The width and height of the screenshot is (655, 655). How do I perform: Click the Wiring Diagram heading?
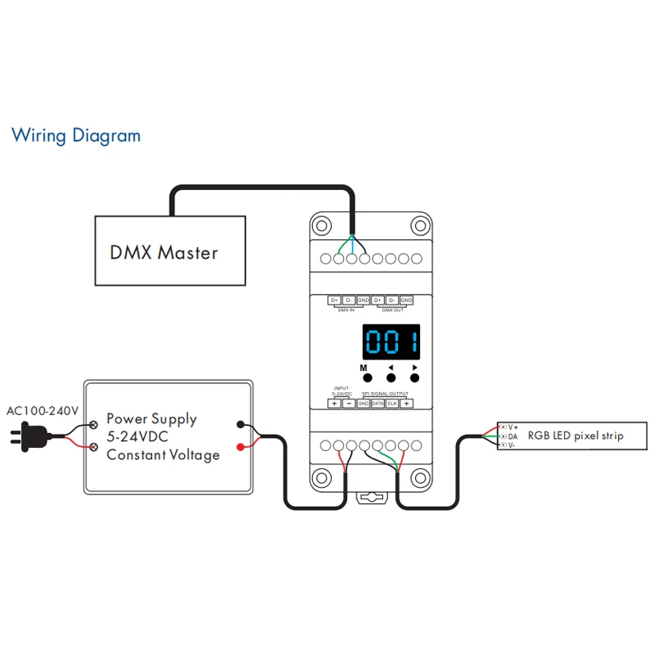click(x=75, y=135)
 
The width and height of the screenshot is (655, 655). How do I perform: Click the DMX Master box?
click(x=169, y=251)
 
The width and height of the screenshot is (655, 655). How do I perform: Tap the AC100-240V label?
click(x=42, y=410)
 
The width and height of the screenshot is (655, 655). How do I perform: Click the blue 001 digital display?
click(x=391, y=341)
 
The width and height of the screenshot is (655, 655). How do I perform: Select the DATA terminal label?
click(x=377, y=404)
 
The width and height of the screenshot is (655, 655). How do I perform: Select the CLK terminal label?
click(x=392, y=404)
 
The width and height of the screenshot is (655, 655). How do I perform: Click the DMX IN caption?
click(x=346, y=310)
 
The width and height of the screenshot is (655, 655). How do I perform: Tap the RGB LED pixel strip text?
click(x=575, y=436)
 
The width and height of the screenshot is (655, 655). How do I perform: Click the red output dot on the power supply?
click(x=240, y=447)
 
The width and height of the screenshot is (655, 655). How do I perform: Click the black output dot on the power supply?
click(x=240, y=424)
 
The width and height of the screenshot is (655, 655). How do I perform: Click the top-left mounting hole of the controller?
click(x=323, y=225)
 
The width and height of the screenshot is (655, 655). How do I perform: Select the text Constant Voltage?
click(x=163, y=454)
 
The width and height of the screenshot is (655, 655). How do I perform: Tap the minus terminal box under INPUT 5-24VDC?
click(x=348, y=404)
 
